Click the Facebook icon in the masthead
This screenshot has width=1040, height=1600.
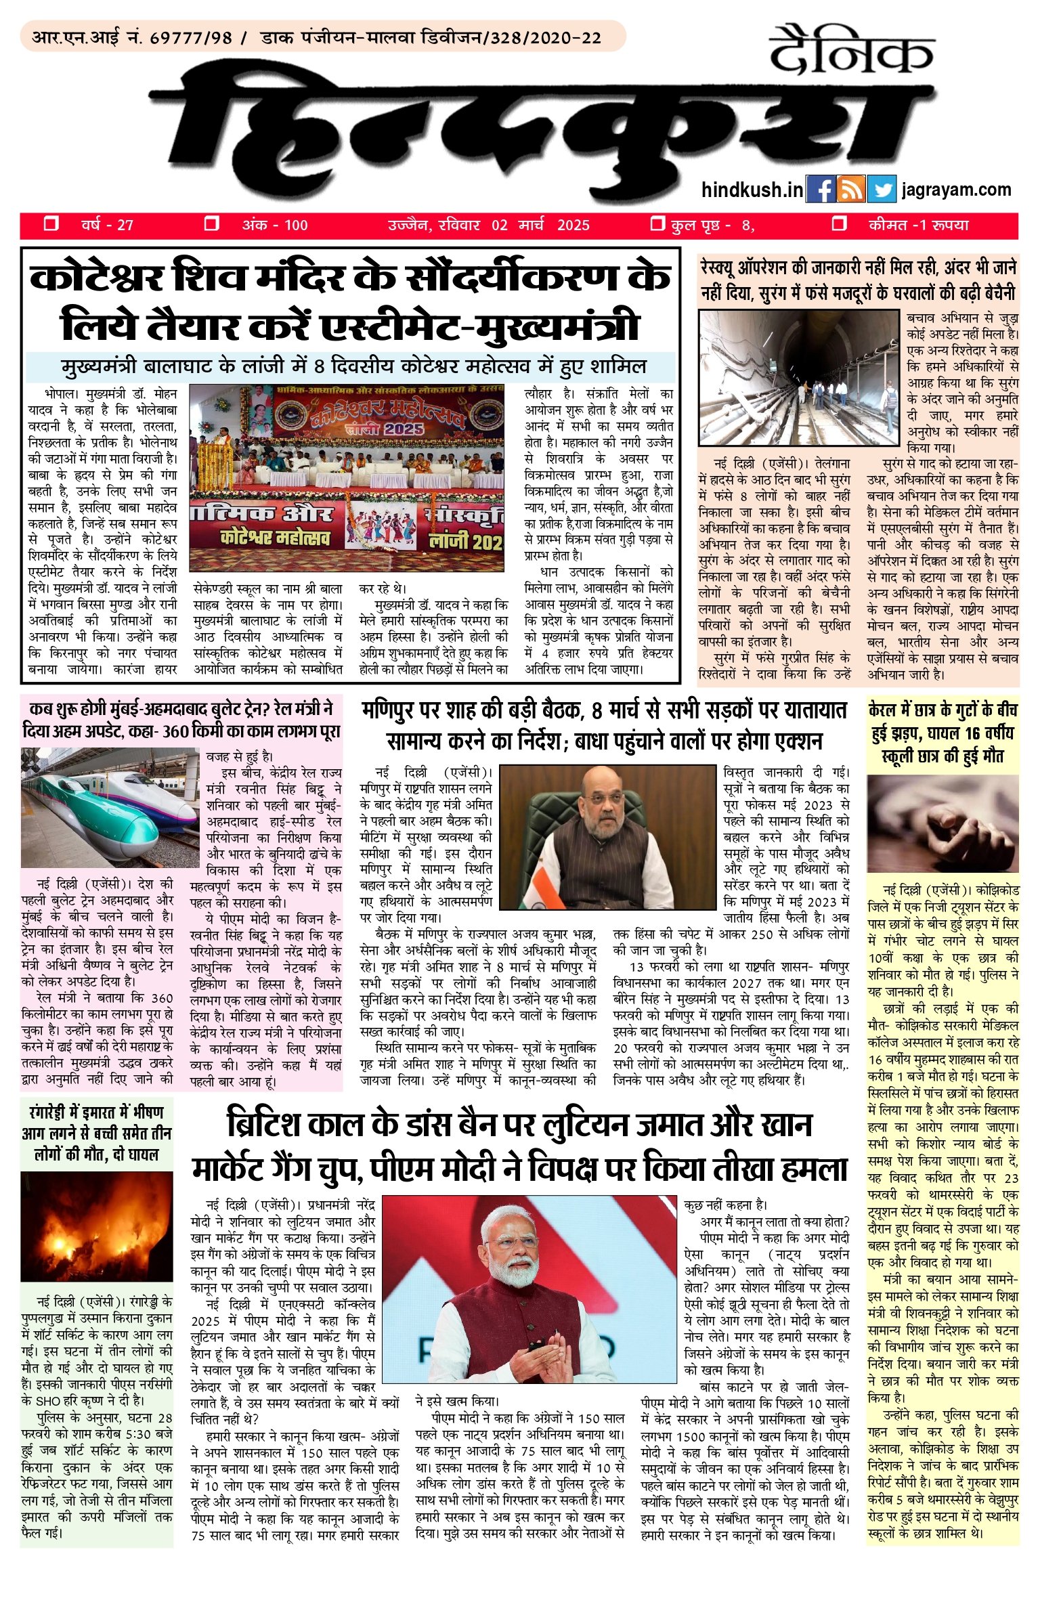821,190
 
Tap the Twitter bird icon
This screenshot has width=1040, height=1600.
881,190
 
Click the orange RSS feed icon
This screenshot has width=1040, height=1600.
851,190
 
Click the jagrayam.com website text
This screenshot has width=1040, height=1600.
956,190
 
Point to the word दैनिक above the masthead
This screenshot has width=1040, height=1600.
852,51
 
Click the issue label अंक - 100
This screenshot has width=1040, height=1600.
275,225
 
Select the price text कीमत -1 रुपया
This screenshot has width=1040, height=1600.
918,225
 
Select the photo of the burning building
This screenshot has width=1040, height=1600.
97,1226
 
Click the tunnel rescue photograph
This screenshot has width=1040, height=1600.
798,378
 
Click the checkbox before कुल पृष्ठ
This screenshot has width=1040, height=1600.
656,224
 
